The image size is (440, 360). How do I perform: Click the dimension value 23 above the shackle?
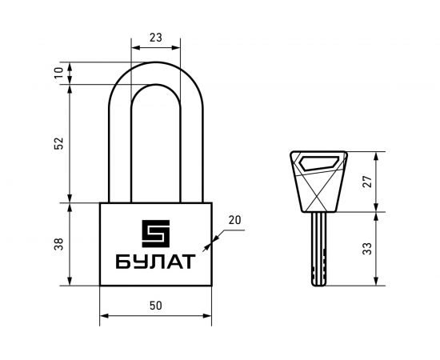pyautogui.click(x=156, y=38)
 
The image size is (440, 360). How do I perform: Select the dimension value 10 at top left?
pyautogui.click(x=59, y=73)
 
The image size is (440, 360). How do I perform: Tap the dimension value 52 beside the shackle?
pyautogui.click(x=59, y=143)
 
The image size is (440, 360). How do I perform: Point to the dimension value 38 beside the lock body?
pyautogui.click(x=59, y=244)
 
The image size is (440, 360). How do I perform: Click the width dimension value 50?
pyautogui.click(x=156, y=306)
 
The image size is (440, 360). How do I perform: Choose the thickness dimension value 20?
pyautogui.click(x=234, y=220)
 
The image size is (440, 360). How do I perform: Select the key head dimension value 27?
pyautogui.click(x=367, y=182)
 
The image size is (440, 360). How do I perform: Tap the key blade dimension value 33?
pyautogui.click(x=367, y=249)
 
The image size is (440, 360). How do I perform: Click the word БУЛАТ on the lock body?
pyautogui.click(x=155, y=262)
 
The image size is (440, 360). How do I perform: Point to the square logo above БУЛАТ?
pyautogui.click(x=156, y=234)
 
